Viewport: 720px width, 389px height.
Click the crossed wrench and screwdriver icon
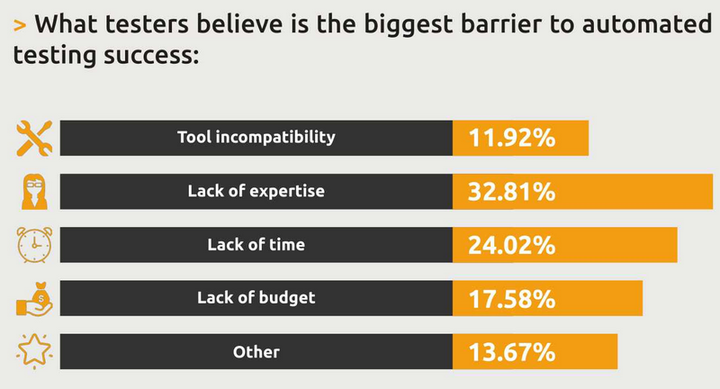click(x=34, y=139)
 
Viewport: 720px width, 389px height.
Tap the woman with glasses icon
click(x=34, y=192)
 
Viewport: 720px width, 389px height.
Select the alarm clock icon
click(x=34, y=245)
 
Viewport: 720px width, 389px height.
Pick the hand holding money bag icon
click(x=34, y=299)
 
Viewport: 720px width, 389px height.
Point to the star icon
click(x=34, y=351)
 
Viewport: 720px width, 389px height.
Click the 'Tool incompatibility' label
click(x=256, y=138)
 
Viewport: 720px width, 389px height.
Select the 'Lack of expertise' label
click(x=256, y=191)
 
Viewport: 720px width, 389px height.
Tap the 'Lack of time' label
click(x=256, y=244)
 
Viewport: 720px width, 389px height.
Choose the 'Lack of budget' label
click(x=256, y=298)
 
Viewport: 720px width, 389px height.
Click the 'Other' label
click(x=256, y=352)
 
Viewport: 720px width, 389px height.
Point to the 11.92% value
click(x=512, y=138)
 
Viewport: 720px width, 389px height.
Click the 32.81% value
click(x=512, y=192)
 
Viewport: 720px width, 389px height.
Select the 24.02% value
click(x=512, y=245)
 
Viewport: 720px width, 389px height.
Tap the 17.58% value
click(x=512, y=299)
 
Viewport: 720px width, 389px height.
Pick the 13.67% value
click(x=512, y=352)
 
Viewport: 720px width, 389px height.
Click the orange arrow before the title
click(x=20, y=25)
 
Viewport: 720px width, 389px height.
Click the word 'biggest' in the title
click(x=409, y=26)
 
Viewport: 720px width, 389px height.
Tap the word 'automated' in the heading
click(x=647, y=24)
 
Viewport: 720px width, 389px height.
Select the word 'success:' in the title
click(x=151, y=56)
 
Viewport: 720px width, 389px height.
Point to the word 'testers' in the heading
click(x=147, y=24)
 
